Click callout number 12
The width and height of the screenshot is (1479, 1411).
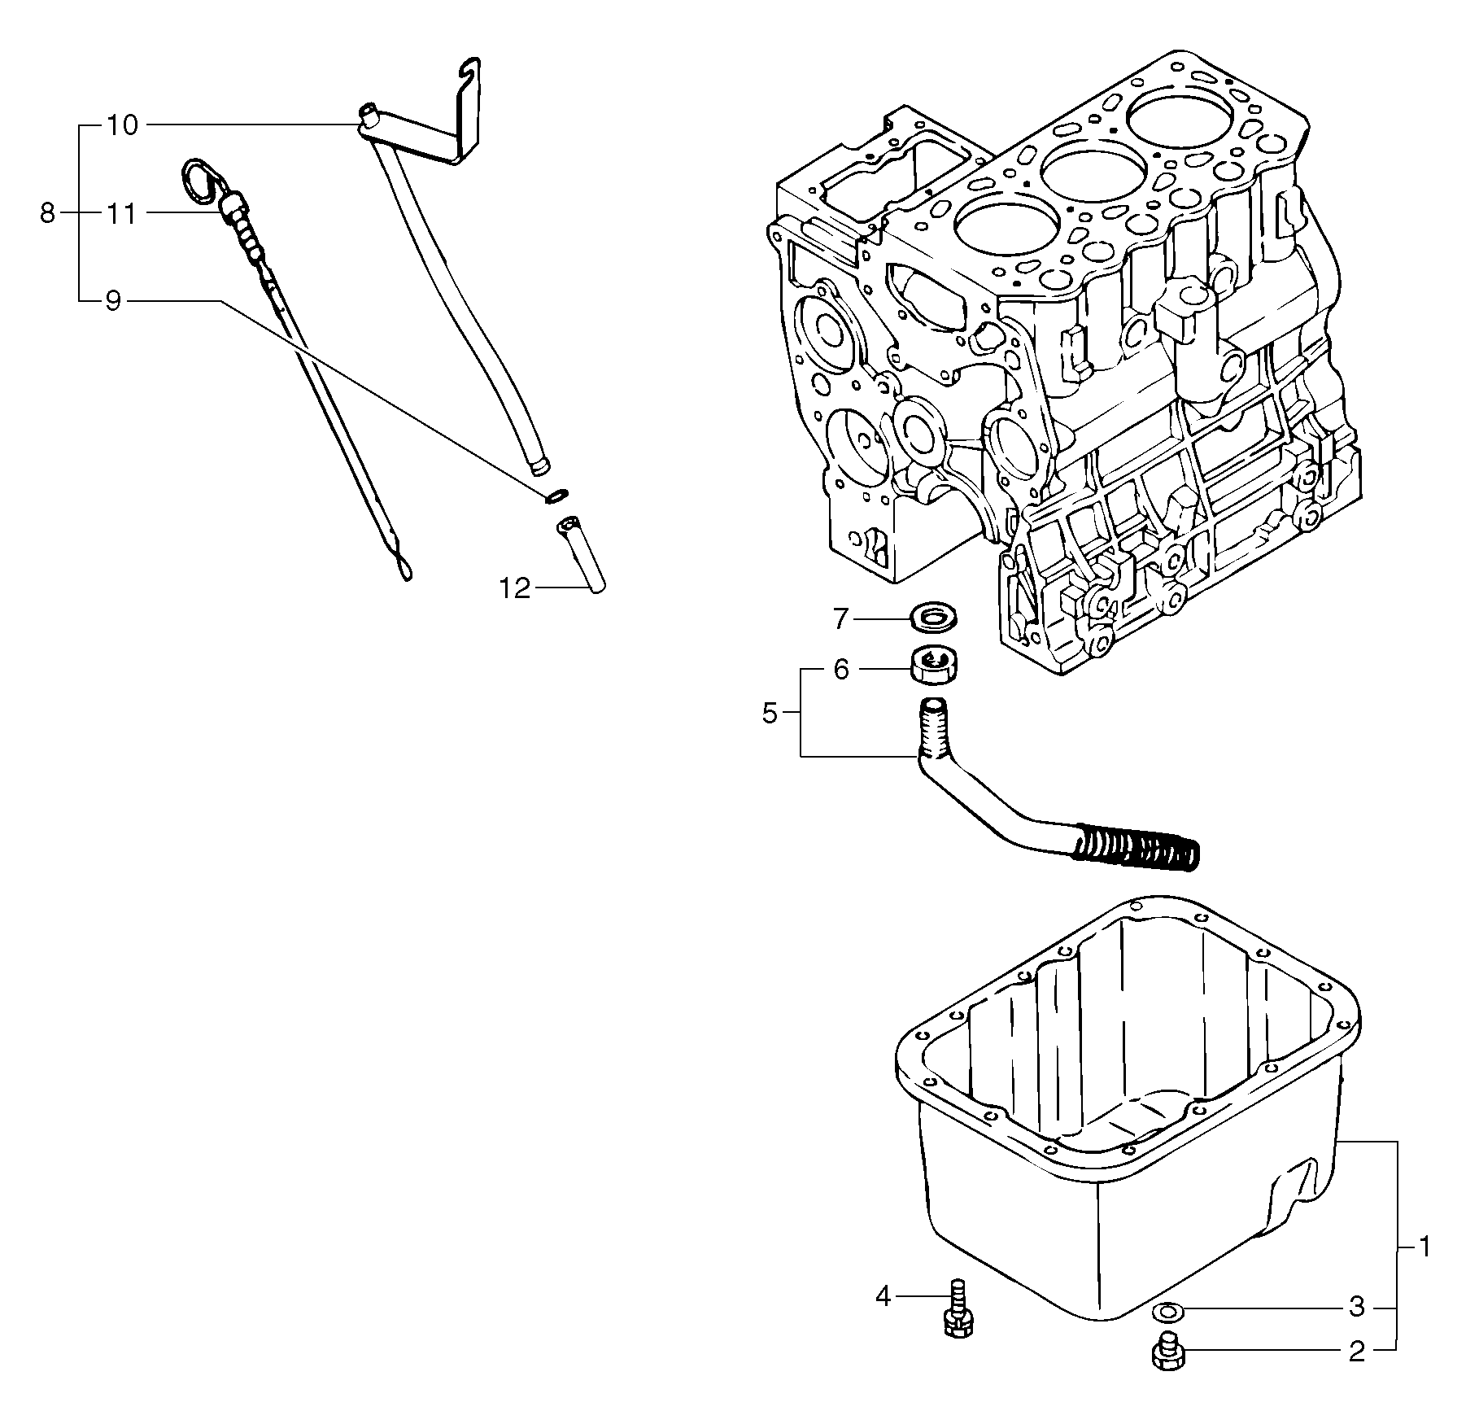(514, 588)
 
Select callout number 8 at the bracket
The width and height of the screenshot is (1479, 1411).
(47, 213)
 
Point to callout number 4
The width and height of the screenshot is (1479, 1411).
(883, 1318)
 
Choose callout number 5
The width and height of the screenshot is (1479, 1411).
(770, 714)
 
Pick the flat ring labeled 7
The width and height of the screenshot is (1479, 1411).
(932, 617)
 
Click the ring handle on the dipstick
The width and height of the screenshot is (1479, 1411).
(198, 181)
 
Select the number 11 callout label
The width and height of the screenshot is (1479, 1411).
(121, 214)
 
